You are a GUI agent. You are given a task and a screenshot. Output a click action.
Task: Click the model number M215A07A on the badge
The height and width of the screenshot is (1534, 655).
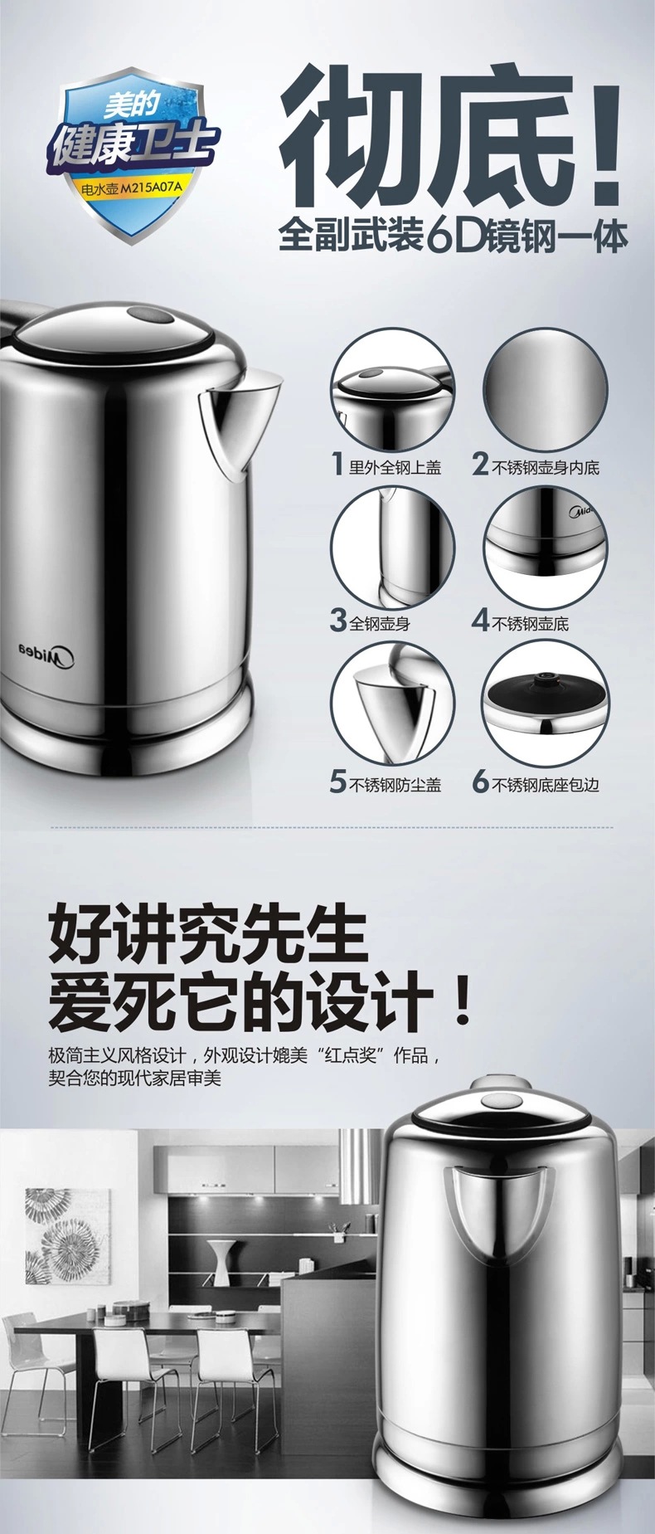(x=151, y=189)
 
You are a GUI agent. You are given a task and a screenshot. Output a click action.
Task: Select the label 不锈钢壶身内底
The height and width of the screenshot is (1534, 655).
(x=546, y=467)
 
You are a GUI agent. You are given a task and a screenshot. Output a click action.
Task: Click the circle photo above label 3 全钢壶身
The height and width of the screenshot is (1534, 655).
(x=393, y=546)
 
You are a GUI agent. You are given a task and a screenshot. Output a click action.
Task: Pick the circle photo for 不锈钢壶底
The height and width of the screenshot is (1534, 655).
(x=546, y=546)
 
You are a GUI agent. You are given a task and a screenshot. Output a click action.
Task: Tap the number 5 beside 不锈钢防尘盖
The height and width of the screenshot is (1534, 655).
(x=337, y=782)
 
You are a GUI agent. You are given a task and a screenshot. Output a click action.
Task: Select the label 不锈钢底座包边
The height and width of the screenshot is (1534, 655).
(x=546, y=784)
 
